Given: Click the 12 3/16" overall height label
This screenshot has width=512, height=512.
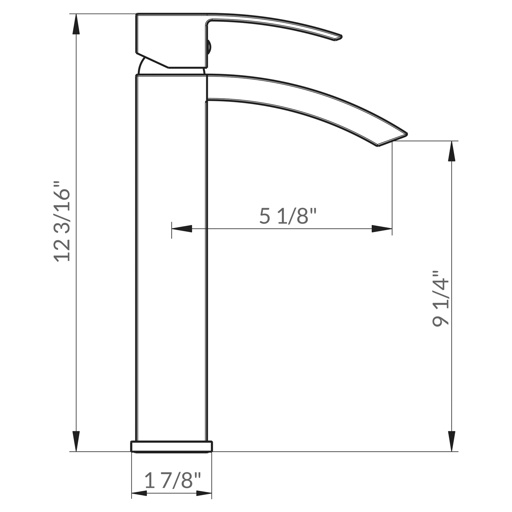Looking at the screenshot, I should pos(62,222).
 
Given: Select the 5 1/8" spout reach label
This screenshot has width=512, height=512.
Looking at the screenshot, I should pos(287,216).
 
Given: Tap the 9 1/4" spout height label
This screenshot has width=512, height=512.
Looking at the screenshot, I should pos(440,299).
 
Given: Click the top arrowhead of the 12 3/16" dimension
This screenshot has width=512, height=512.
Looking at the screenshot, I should pos(76,25).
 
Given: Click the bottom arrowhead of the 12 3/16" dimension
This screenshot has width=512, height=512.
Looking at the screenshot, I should pos(76,441).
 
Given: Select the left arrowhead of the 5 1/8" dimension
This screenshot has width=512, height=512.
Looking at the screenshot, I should pos(181,229).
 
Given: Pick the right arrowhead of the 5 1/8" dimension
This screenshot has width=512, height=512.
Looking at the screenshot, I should pos(382,229).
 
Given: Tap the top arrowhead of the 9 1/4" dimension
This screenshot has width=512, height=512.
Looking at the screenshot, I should pos(451,151).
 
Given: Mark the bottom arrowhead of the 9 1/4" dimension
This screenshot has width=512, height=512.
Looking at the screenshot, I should pos(451,441).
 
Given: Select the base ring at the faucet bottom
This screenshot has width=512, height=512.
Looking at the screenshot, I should pos(172,446).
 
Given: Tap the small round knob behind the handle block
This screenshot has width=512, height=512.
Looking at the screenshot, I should pos(209,46).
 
